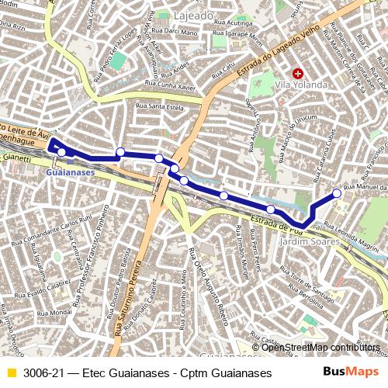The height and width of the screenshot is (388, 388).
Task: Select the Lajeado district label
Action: pyautogui.click(x=194, y=16)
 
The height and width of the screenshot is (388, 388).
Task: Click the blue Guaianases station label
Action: pyautogui.click(x=70, y=171)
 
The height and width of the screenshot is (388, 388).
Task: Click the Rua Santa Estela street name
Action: pyautogui.click(x=159, y=106)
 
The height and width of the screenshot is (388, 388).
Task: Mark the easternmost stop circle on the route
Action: pyautogui.click(x=337, y=193)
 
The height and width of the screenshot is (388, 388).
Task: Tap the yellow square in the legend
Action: pyautogui.click(x=11, y=373)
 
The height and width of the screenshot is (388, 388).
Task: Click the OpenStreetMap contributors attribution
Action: pyautogui.click(x=320, y=347)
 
